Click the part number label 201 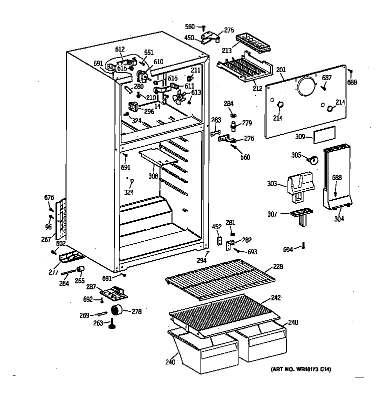tap(280, 70)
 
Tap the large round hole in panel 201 tap(305, 88)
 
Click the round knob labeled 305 tap(313, 160)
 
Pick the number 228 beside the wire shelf tap(277, 267)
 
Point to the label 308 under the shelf tap(153, 176)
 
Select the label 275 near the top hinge tap(228, 31)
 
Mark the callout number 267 tap(46, 240)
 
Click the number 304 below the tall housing tap(339, 218)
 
